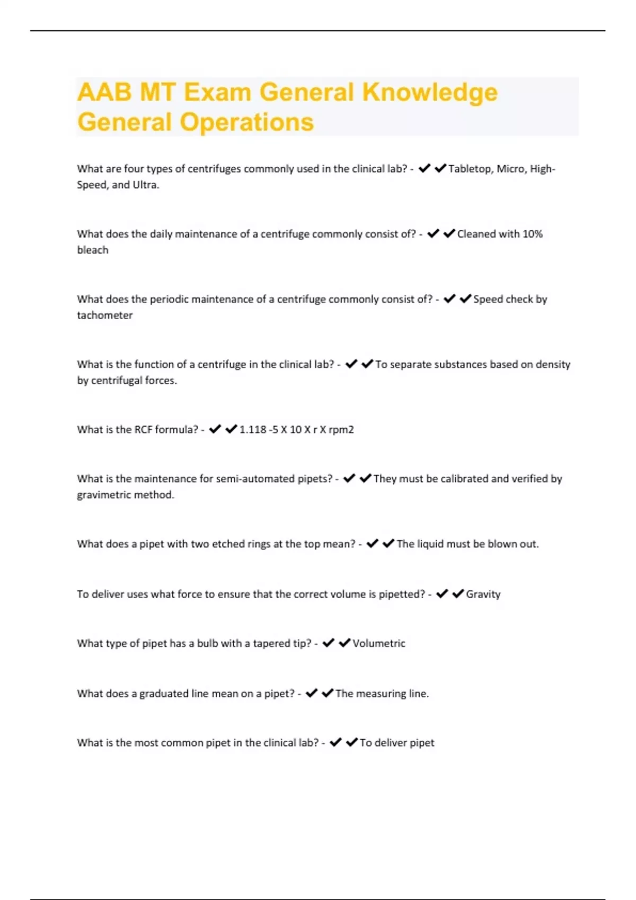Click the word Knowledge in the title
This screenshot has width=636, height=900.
[x=430, y=93]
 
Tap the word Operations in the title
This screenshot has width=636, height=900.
[x=247, y=122]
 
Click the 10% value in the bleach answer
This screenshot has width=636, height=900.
[x=533, y=234]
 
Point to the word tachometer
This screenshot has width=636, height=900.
[x=104, y=316]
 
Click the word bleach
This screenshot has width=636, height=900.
[x=93, y=250]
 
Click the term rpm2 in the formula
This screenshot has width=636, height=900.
[x=341, y=430]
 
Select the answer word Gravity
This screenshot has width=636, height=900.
[x=483, y=595]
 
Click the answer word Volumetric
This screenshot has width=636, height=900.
[x=378, y=644]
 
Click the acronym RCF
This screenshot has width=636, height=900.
[x=143, y=430]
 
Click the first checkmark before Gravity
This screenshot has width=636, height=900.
[x=442, y=594]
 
